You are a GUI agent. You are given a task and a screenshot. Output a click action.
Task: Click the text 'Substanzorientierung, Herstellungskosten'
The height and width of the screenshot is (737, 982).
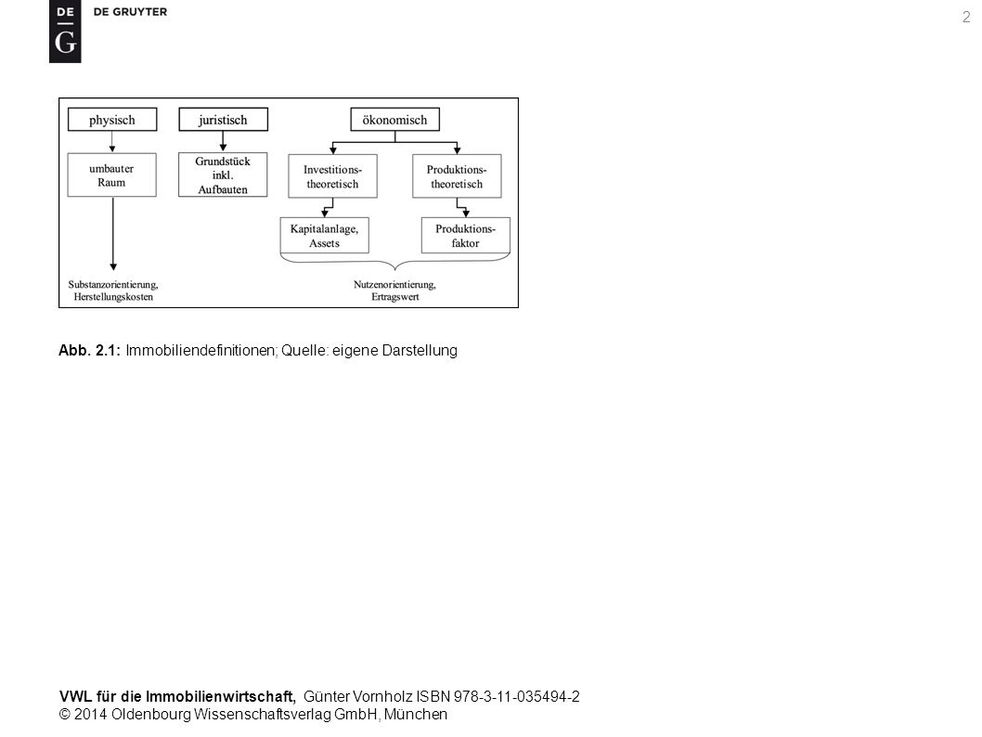click(x=113, y=291)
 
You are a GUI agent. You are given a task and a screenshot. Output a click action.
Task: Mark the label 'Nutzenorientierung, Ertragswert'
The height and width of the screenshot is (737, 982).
click(x=394, y=291)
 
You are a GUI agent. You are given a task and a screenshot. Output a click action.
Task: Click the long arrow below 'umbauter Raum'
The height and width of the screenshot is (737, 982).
click(x=113, y=234)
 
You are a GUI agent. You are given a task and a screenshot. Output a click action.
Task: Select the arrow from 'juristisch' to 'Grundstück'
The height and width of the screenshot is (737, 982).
click(x=223, y=141)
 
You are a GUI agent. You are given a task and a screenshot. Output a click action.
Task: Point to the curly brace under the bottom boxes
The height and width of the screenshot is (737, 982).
click(x=395, y=262)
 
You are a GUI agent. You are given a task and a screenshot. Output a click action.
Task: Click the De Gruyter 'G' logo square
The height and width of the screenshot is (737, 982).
click(x=65, y=32)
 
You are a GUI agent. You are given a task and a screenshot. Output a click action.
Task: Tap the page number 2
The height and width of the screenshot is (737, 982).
click(x=965, y=17)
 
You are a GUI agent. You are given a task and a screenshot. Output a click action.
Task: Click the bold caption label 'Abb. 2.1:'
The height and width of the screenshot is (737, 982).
click(x=89, y=351)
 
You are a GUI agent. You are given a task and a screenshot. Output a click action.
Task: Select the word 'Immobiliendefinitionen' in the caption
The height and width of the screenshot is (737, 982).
click(x=200, y=351)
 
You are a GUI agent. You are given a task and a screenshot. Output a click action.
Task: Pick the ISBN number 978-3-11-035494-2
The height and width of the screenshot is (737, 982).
click(x=517, y=696)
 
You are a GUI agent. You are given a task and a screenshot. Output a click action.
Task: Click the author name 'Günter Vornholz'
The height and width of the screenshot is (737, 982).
click(x=357, y=696)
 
